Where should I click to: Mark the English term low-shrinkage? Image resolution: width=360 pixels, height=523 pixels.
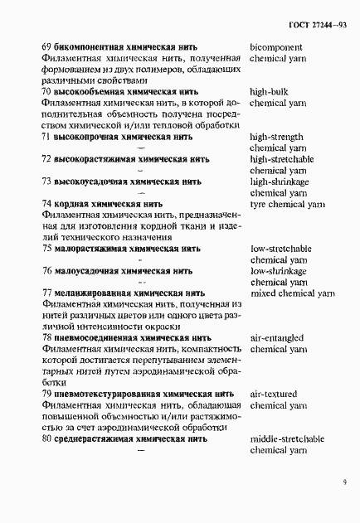(x=278, y=270)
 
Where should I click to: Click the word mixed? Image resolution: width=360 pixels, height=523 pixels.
(x=264, y=293)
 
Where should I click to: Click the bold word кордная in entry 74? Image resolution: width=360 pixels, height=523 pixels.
(x=75, y=203)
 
